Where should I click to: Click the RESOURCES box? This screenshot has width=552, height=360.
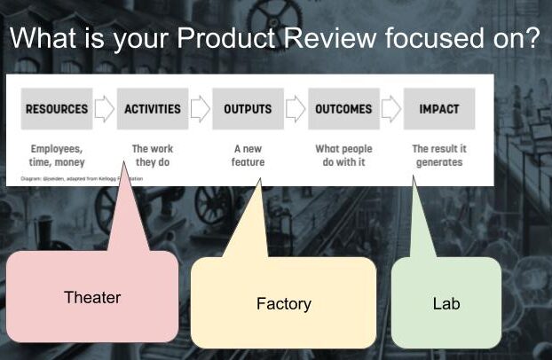point(57,109)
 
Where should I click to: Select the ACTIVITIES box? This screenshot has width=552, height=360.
point(153,109)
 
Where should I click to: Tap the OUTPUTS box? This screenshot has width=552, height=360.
point(248,109)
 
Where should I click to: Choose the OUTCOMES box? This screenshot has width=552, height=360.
point(343,109)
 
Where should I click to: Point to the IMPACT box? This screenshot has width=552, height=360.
point(438,109)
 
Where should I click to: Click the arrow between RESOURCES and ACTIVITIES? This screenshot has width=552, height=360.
point(105,109)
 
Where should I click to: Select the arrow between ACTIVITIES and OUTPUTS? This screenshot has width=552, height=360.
point(200,109)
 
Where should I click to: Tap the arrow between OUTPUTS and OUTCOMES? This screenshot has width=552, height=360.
point(296,109)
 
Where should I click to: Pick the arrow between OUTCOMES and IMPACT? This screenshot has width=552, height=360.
point(391,109)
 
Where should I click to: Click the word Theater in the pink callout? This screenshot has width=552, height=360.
point(92,297)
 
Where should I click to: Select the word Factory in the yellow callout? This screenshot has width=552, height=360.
point(283,304)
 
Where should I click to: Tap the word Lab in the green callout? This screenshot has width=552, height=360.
point(446,303)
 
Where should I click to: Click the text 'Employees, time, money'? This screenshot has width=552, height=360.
point(56,155)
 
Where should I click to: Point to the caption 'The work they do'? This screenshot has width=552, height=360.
point(152,155)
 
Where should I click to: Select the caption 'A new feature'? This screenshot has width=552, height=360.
point(248,155)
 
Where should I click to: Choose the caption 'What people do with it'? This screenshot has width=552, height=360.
point(343,155)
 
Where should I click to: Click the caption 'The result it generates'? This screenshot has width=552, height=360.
point(438,155)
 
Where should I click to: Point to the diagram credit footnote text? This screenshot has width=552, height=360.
point(80,178)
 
